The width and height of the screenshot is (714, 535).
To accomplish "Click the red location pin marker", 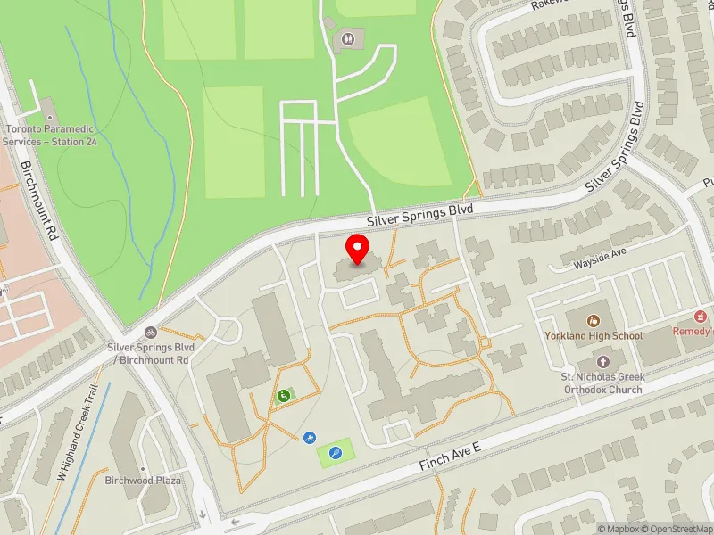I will (358, 250).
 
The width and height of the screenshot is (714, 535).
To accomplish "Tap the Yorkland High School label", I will (594, 336).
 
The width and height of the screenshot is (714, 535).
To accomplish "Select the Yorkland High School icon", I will (594, 320).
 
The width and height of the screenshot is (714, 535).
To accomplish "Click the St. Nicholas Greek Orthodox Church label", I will (602, 383).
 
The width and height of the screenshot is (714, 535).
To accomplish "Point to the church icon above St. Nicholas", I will (602, 362).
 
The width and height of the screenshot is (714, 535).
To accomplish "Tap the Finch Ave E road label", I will (452, 463).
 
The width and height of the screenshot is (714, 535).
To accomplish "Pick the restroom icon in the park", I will (347, 38).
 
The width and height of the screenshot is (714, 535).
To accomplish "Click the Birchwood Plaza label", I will (143, 481).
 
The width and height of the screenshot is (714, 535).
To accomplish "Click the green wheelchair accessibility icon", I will (284, 396).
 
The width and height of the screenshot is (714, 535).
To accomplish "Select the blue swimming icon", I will (309, 438).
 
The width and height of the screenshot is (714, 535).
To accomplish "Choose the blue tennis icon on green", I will (335, 453).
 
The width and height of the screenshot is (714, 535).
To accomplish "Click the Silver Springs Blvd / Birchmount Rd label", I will (147, 354).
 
